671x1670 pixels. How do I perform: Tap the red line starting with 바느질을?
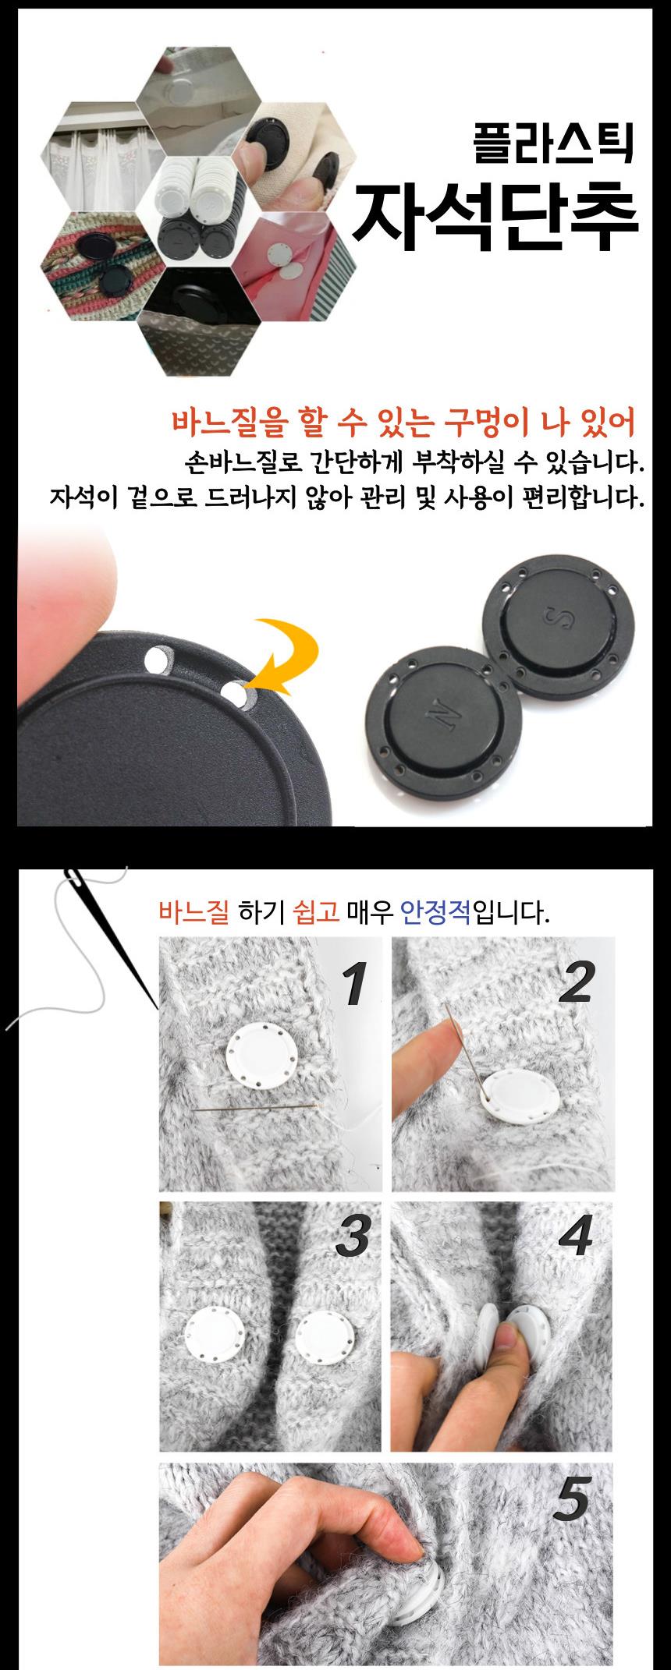(403, 423)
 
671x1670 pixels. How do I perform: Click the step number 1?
(354, 983)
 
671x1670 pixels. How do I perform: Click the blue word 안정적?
(435, 911)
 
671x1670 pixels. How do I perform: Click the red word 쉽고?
(316, 911)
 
